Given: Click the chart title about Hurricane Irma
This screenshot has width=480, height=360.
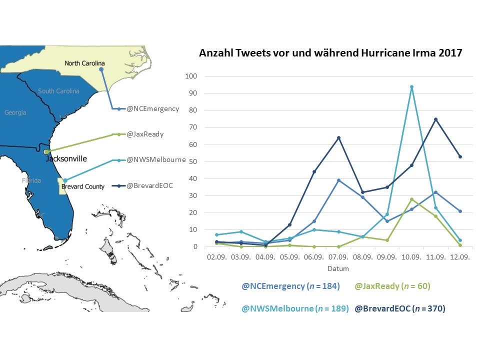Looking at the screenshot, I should point(330,52).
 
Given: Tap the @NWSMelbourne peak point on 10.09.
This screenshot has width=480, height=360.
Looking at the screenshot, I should point(411,87).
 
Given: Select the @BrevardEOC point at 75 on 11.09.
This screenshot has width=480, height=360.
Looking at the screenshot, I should point(435,119).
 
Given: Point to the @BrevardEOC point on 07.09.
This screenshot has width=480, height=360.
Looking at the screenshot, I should point(338,138).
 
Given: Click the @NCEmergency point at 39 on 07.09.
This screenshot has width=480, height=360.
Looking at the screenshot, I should point(338,180).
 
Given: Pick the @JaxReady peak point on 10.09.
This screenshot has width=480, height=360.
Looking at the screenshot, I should point(411,199).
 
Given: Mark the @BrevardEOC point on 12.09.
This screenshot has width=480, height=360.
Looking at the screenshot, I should point(460,157).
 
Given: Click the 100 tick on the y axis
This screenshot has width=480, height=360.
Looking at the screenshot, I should point(191,76).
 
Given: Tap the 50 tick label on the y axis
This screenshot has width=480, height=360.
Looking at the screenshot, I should point(193,161).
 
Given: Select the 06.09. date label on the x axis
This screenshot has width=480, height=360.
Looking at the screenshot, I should point(314,257).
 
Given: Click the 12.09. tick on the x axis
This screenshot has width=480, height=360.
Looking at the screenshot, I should point(460,257).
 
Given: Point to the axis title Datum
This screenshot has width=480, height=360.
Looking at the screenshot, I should point(338,269).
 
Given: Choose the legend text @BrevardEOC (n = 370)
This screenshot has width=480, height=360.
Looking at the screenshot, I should point(399,309).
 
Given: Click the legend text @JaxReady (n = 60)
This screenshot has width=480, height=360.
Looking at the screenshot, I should point(392,286).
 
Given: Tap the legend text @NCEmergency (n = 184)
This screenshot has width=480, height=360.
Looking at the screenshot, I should point(291,286).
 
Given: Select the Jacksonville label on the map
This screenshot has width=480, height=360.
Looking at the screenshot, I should point(66,159).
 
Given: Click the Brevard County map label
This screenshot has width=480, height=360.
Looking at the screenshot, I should point(83,186).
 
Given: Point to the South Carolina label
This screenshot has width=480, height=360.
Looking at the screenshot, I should point(58,91).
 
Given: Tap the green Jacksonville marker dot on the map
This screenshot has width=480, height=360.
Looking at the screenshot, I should point(46,151).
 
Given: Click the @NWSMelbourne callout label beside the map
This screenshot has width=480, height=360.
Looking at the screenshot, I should point(156,160).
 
